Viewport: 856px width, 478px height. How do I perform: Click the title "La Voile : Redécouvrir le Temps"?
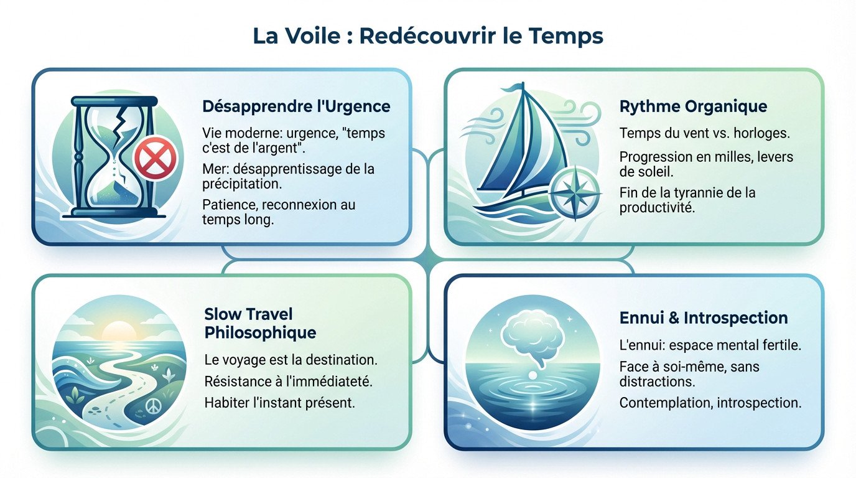(428, 36)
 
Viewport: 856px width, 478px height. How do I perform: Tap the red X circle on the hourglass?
(152, 157)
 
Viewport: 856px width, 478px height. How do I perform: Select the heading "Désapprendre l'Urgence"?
(296, 106)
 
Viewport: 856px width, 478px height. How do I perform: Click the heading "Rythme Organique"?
(693, 106)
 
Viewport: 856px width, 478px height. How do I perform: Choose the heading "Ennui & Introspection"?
(704, 318)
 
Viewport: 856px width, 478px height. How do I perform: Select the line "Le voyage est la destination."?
(291, 360)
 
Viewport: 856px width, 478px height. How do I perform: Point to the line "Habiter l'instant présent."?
(279, 402)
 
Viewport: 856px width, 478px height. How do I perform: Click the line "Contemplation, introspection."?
(710, 402)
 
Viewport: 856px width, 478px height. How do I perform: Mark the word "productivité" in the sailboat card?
(656, 207)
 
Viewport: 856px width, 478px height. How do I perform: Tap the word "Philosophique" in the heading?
(260, 332)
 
